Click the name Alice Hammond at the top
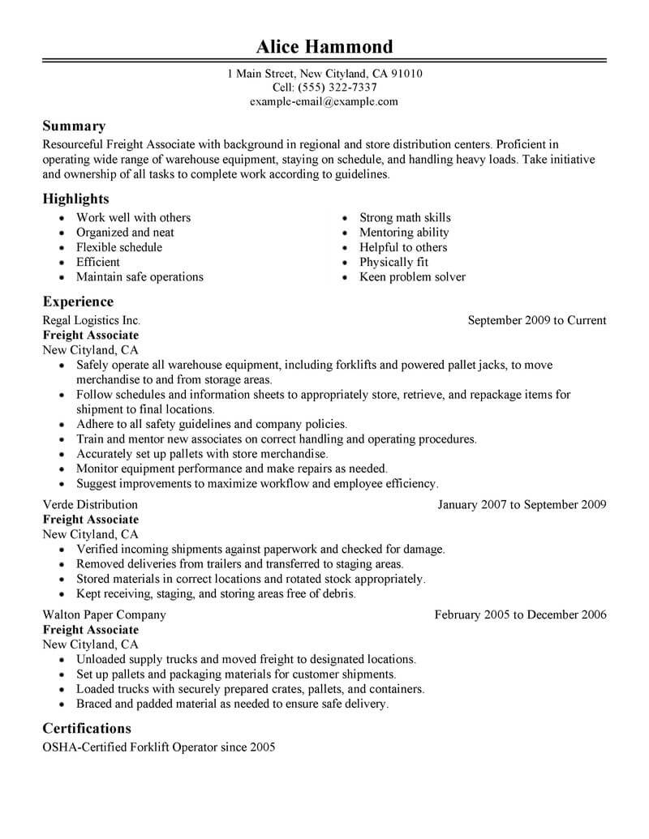point(324,45)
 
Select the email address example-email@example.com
point(324,101)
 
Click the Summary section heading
point(74,126)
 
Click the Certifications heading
point(87,728)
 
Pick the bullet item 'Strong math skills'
point(405,217)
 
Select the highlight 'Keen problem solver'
point(412,277)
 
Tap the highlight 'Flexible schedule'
point(119,247)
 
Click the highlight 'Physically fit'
point(393,262)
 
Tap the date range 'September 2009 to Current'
point(537,320)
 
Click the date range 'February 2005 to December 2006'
point(520,614)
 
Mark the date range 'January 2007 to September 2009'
point(522,504)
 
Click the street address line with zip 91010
point(324,73)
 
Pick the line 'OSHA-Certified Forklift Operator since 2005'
point(159,747)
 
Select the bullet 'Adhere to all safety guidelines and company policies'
point(212,424)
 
